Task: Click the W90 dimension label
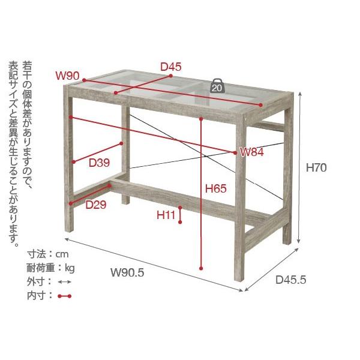click(x=67, y=76)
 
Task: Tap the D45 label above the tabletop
click(x=171, y=67)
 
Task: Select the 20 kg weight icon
click(x=217, y=86)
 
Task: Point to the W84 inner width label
click(x=252, y=152)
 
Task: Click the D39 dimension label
click(x=100, y=163)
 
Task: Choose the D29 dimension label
click(x=96, y=205)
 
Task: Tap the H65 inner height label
click(x=216, y=188)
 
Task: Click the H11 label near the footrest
click(x=166, y=215)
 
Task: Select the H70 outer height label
click(x=316, y=167)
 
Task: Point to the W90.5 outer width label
click(x=127, y=272)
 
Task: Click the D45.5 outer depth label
click(x=291, y=280)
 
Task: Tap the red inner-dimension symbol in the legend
click(x=65, y=296)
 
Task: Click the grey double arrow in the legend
click(x=65, y=282)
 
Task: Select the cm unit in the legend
click(x=62, y=254)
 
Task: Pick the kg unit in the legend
click(x=70, y=268)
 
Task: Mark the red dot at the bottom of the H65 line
click(x=201, y=268)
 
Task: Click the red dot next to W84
click(x=235, y=152)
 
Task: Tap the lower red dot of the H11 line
click(x=180, y=222)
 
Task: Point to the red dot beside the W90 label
click(x=84, y=80)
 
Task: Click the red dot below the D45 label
click(x=171, y=76)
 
